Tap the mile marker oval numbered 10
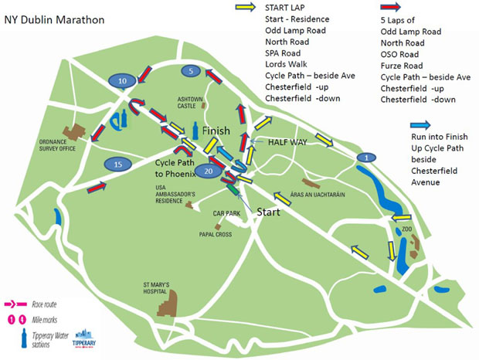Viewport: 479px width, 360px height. (x=122, y=80)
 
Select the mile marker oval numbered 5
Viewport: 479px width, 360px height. (x=192, y=71)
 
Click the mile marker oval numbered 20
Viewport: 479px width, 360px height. (x=208, y=170)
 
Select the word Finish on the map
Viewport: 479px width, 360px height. (x=216, y=131)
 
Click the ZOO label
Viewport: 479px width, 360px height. (x=407, y=229)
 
